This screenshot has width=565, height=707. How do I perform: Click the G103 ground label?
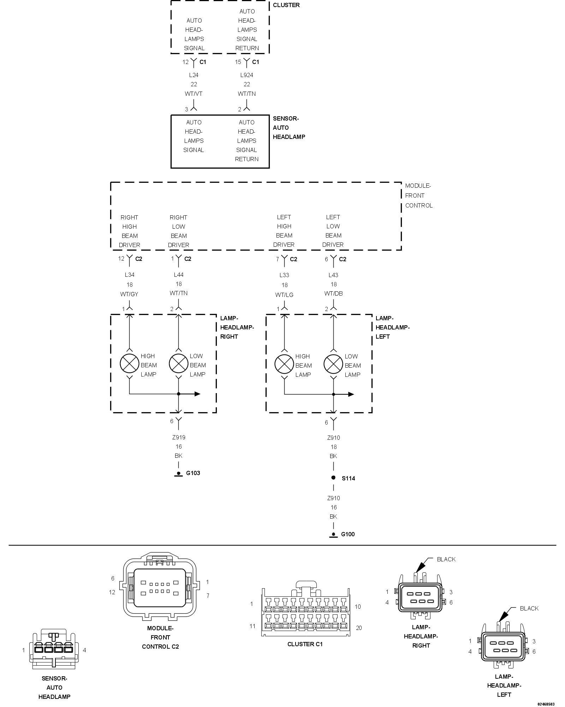point(193,473)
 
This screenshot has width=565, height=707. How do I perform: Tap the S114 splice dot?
point(333,478)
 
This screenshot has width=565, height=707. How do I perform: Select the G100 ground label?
point(347,534)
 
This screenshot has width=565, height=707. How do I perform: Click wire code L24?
point(194,75)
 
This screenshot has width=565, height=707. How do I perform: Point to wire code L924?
point(246,75)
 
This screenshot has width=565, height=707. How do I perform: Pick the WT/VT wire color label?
point(194,94)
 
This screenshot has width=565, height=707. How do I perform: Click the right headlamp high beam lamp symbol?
point(129,363)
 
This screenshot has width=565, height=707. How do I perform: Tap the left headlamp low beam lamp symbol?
point(333,364)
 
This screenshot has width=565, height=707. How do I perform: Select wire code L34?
point(130,275)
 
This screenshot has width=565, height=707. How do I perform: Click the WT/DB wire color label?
point(333,293)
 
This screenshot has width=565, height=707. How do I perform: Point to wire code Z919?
point(179,437)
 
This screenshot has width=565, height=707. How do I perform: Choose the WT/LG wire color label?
point(284,295)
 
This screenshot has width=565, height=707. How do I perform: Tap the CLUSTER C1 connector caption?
point(305,644)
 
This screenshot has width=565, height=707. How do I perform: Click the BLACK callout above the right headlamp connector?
point(446,559)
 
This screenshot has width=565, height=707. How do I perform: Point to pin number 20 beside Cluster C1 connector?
point(359,628)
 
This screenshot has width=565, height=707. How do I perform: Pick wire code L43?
point(333,275)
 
